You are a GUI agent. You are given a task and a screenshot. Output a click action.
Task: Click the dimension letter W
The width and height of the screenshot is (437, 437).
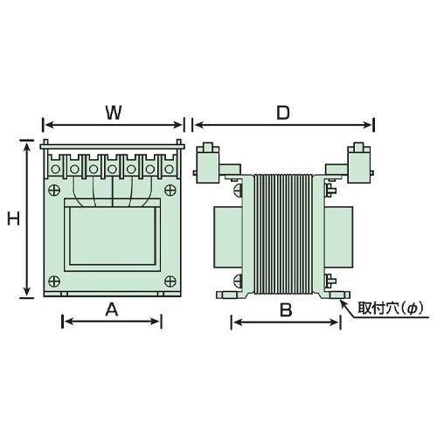(114, 113)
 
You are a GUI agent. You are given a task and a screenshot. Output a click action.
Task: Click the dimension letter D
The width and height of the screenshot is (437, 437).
(283, 113)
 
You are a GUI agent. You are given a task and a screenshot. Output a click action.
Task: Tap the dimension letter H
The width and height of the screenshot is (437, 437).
(13, 218)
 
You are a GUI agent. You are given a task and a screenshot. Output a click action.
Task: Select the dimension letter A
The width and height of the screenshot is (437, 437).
(112, 309)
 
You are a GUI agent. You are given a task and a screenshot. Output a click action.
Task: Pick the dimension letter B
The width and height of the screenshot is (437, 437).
(286, 309)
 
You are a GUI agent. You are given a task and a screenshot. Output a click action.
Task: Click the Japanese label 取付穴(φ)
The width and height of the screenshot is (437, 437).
(390, 309)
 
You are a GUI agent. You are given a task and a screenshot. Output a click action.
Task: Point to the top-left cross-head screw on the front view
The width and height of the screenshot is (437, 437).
(54, 191)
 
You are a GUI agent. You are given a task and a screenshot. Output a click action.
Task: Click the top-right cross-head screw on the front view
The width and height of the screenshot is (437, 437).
(170, 191)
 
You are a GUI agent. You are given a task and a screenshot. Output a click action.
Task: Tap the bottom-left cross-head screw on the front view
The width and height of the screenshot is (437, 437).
(54, 281)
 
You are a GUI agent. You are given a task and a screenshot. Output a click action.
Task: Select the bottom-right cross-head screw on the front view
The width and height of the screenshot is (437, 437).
(170, 281)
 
